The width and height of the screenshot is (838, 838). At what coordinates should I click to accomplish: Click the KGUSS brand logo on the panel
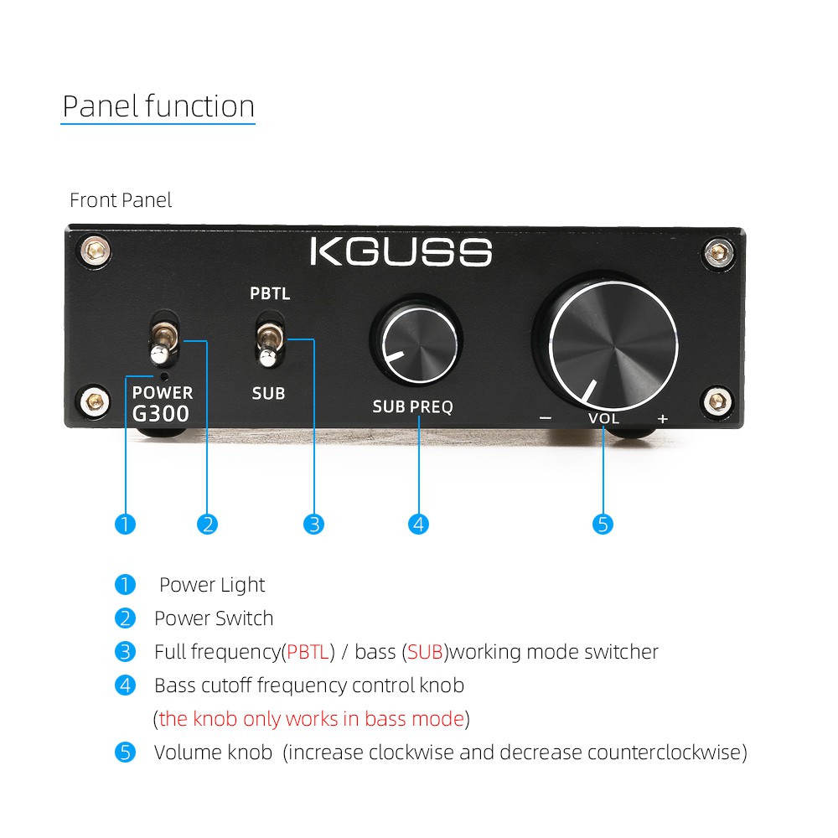coord(401,252)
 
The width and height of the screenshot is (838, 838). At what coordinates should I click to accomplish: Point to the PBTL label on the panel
coord(270,294)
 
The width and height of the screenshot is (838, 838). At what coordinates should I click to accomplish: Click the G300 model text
coord(161,413)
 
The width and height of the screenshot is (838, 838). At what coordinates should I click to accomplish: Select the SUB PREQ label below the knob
coord(412,407)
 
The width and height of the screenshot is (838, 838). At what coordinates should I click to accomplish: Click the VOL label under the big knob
coord(603,417)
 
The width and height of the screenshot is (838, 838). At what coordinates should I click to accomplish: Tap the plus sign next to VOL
coord(663,417)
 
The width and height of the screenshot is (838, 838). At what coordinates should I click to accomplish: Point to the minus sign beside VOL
coord(546,417)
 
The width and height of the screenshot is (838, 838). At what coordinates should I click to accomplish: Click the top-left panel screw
coord(94,248)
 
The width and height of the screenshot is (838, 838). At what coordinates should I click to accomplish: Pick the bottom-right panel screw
coord(717,401)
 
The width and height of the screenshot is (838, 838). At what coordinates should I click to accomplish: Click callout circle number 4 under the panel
coord(418,525)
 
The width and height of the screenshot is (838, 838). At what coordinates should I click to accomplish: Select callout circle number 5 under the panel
coord(603,525)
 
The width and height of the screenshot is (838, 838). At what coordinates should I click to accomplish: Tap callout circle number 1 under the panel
coord(125,525)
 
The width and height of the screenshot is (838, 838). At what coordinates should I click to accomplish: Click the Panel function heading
coord(158,106)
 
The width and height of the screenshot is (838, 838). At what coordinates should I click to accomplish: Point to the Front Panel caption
coord(121,200)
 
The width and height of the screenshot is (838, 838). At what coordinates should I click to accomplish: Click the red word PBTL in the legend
coord(308,651)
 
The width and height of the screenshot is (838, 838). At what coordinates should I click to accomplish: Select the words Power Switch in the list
coord(214,618)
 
